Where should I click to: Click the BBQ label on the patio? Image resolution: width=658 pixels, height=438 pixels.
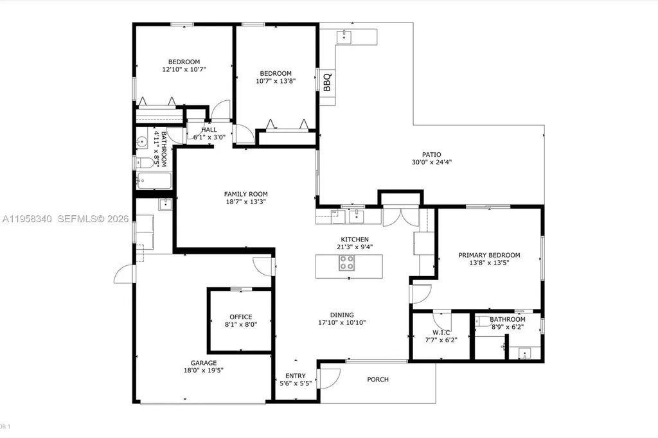click(x=327, y=82)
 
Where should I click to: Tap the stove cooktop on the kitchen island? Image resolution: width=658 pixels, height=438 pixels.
click(x=347, y=262)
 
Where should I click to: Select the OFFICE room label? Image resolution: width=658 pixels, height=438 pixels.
click(x=241, y=317)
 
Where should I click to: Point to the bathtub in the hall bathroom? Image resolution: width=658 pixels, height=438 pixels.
click(x=154, y=181)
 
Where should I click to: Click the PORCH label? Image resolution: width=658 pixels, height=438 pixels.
click(x=378, y=380)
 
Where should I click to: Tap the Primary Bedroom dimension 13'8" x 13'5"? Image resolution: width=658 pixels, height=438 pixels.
click(x=489, y=263)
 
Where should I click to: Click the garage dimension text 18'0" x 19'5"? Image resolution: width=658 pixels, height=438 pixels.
click(x=204, y=370)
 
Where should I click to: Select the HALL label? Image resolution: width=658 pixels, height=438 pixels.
click(x=209, y=130)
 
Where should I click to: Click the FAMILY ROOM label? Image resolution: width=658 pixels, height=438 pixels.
click(x=245, y=194)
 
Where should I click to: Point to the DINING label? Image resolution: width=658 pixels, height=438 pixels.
click(x=342, y=315)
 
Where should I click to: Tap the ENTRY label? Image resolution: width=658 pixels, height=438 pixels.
click(x=296, y=376)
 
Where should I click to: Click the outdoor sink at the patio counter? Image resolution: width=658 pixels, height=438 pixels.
click(x=344, y=37)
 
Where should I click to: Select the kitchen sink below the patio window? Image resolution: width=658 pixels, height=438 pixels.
click(x=357, y=216)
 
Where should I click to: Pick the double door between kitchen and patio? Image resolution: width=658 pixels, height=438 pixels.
click(x=400, y=216)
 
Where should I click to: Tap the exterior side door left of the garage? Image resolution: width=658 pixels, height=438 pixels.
click(x=123, y=275)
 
